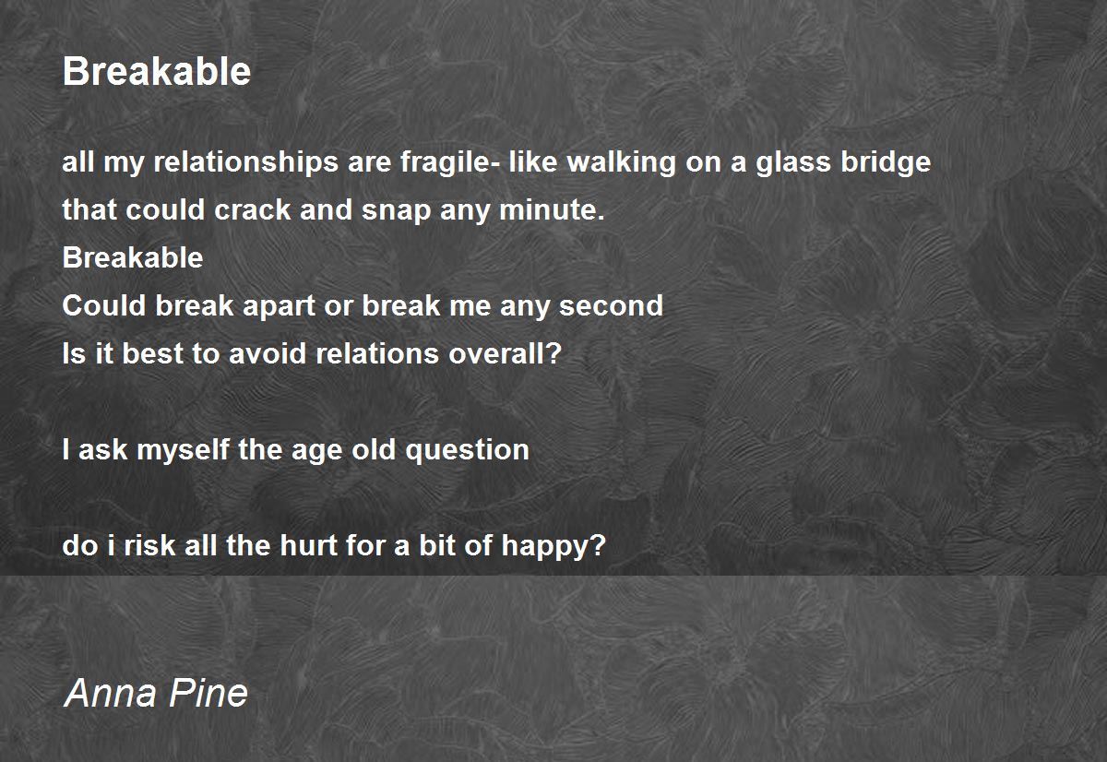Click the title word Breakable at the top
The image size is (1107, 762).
[157, 71]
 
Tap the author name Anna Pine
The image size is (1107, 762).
[156, 693]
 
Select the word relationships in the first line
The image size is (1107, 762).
[245, 163]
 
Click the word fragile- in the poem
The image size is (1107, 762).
[448, 163]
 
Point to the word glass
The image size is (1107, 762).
[792, 163]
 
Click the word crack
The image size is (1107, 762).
[252, 210]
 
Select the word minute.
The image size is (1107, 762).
[552, 209]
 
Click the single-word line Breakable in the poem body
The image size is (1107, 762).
[133, 257]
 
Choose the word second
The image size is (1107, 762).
[611, 306]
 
